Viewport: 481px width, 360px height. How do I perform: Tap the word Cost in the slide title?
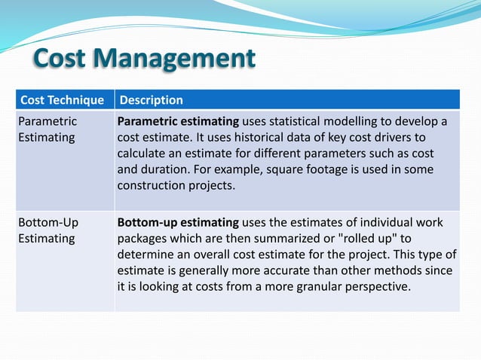[65, 59]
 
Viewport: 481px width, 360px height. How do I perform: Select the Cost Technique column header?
[62, 99]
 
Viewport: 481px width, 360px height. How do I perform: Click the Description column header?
[152, 99]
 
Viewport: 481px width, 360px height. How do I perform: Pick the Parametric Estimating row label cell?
[47, 130]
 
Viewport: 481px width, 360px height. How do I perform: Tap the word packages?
[142, 239]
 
